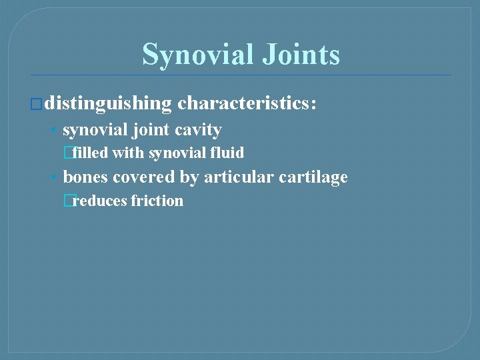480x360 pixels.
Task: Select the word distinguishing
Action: click(x=109, y=103)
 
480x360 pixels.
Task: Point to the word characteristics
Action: click(x=247, y=103)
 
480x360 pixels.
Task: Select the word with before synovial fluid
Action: click(x=129, y=153)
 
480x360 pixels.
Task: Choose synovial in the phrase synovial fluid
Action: click(x=177, y=153)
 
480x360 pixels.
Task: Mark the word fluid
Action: click(x=227, y=153)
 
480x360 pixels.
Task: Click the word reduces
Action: click(x=99, y=201)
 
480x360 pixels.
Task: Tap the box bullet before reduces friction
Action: click(x=67, y=201)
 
